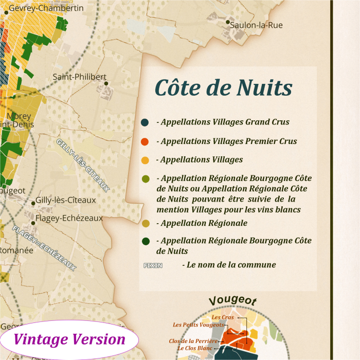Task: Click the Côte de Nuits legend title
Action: coord(224,87)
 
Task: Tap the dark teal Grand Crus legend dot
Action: coord(145,122)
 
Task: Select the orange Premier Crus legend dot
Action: coord(145,141)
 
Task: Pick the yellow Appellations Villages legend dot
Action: coord(145,160)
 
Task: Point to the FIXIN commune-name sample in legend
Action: coord(153,265)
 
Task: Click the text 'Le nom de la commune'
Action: coord(229,265)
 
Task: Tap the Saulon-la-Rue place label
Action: coord(256,25)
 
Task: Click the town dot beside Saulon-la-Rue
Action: coord(228,22)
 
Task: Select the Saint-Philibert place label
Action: coord(79,77)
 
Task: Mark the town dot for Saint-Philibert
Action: coord(106,83)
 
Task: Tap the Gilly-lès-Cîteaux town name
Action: coord(66,200)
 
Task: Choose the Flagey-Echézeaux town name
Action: coord(69,218)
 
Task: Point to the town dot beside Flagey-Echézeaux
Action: coord(33,223)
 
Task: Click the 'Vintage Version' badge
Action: coord(69,339)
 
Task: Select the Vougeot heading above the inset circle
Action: coord(232,301)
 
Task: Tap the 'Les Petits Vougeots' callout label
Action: coord(199,325)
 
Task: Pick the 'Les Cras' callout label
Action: coord(223,317)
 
